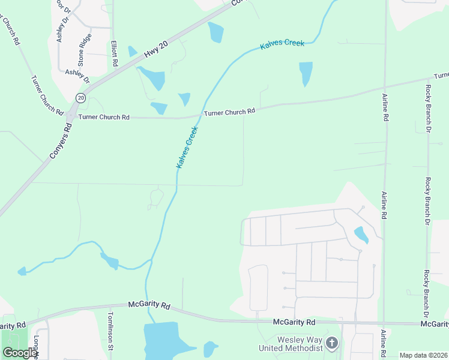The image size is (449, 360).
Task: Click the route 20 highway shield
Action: point(81,97)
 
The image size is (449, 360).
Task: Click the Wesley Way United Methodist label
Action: point(291,344)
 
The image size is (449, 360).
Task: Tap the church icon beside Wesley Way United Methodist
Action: point(332,344)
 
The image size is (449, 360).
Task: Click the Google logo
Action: point(20,352)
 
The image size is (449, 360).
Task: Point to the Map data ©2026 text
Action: point(423,355)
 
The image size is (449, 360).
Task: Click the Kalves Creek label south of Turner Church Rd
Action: point(187,146)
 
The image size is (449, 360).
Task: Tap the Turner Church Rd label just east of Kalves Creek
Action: point(230,112)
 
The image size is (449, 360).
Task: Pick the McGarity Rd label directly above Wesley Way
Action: point(294,322)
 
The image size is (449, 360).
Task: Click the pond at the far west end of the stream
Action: point(22,271)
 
